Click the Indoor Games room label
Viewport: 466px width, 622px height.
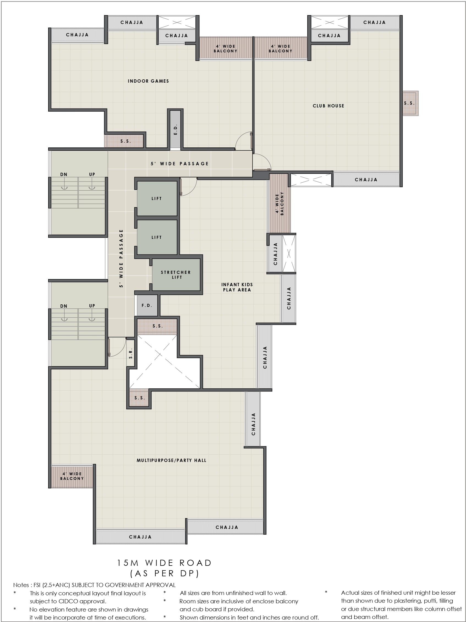click(148, 81)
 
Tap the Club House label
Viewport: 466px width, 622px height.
click(328, 106)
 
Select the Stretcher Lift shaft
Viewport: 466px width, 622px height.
click(176, 275)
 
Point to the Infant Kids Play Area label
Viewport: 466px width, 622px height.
click(237, 287)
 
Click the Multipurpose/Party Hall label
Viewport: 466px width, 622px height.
click(171, 460)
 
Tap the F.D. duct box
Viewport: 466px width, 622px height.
click(147, 305)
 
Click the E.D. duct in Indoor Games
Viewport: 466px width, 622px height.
click(176, 129)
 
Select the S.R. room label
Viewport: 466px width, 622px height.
click(131, 353)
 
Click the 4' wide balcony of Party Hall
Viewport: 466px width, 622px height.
click(72, 476)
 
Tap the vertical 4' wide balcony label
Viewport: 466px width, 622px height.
click(280, 204)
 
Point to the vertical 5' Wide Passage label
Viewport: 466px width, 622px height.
click(121, 258)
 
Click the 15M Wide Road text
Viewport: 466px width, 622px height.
click(164, 563)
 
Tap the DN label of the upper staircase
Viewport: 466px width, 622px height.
click(64, 174)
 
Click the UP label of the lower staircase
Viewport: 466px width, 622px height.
click(92, 306)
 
